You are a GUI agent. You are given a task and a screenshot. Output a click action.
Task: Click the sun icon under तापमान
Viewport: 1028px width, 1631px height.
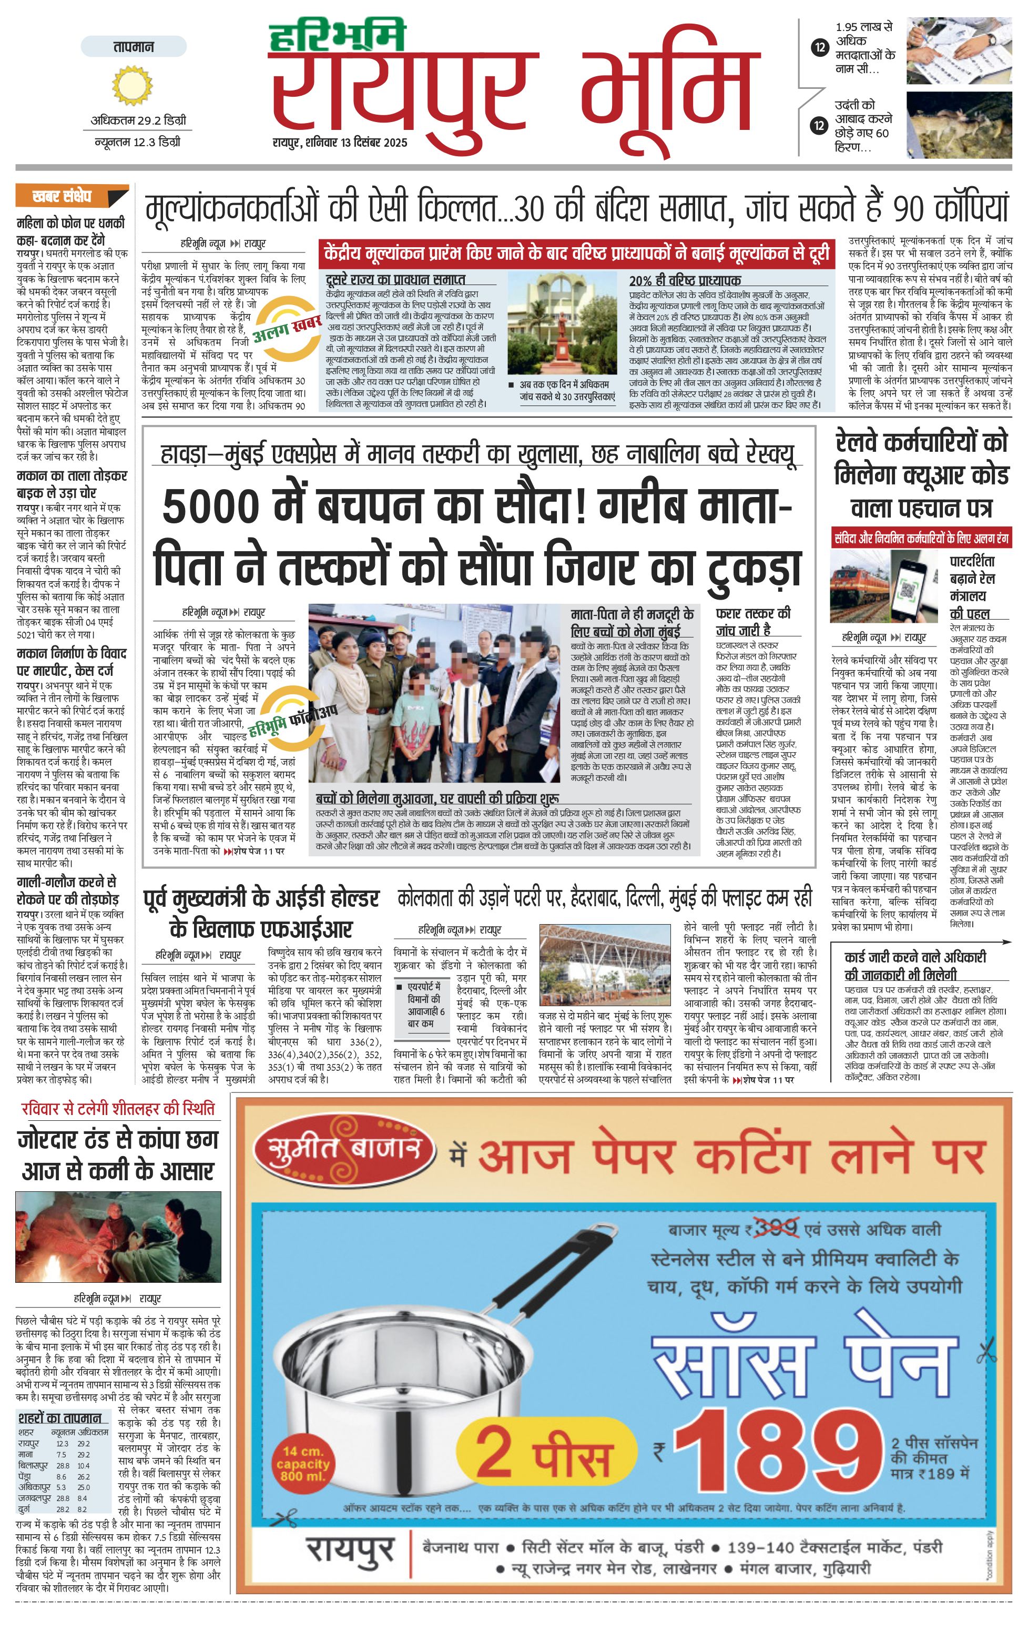coord(134,85)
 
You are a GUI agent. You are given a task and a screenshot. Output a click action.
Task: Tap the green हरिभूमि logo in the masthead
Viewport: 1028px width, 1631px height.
coord(337,36)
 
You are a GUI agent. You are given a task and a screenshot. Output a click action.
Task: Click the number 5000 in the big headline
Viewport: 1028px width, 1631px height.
coord(211,506)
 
